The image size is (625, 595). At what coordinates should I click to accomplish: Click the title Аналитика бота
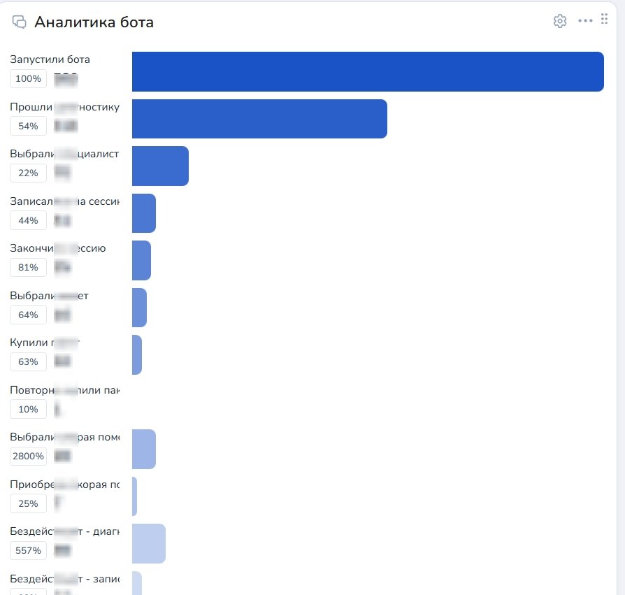pyautogui.click(x=94, y=22)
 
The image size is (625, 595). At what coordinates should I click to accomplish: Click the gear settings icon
pyautogui.click(x=559, y=21)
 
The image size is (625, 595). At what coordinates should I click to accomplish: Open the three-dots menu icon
pyautogui.click(x=585, y=21)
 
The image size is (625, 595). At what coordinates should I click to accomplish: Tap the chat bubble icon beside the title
pyautogui.click(x=20, y=22)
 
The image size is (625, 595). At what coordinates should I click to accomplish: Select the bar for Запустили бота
pyautogui.click(x=368, y=71)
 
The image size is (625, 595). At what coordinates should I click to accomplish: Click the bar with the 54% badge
pyautogui.click(x=259, y=119)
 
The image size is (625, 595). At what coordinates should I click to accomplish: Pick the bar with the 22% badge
pyautogui.click(x=160, y=166)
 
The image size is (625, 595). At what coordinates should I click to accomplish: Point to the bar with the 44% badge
pyautogui.click(x=144, y=213)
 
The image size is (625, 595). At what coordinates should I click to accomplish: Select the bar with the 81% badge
pyautogui.click(x=141, y=260)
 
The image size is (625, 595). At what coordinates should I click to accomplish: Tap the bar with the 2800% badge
pyautogui.click(x=144, y=449)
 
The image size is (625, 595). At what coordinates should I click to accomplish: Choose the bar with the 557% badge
pyautogui.click(x=149, y=543)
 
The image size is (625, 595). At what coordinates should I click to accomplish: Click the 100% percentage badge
pyautogui.click(x=28, y=79)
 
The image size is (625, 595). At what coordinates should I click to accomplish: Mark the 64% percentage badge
pyautogui.click(x=28, y=315)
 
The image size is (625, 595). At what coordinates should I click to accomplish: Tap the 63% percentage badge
pyautogui.click(x=28, y=362)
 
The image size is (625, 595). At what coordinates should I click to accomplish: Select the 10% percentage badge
pyautogui.click(x=28, y=409)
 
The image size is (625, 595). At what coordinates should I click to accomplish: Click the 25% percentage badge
pyautogui.click(x=28, y=503)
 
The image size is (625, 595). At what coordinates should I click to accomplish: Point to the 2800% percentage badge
pyautogui.click(x=28, y=457)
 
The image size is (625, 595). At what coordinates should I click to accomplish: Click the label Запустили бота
pyautogui.click(x=50, y=59)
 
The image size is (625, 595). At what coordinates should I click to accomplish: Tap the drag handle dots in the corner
pyautogui.click(x=605, y=19)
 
